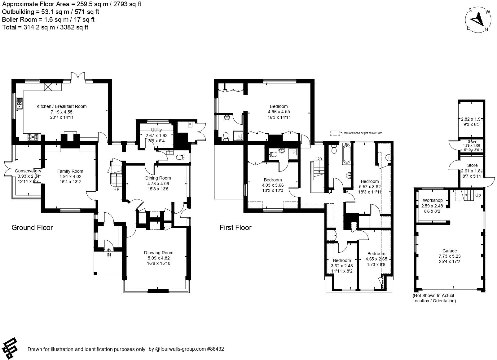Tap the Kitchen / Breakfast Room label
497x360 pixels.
point(61,106)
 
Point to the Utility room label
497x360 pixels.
point(156,130)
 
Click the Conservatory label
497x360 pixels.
point(28,171)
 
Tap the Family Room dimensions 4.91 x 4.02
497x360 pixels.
point(70,176)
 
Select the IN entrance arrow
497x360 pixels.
point(109,251)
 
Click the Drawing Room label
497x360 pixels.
point(159,253)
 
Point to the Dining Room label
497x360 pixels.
point(158,178)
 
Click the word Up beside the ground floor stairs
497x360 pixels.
point(116,189)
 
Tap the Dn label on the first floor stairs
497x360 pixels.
point(319,158)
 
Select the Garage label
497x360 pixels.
point(449,251)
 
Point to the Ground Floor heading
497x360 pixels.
point(32,228)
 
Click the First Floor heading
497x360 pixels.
point(235,228)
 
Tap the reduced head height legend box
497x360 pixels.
point(335,133)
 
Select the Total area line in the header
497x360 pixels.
point(45,27)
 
